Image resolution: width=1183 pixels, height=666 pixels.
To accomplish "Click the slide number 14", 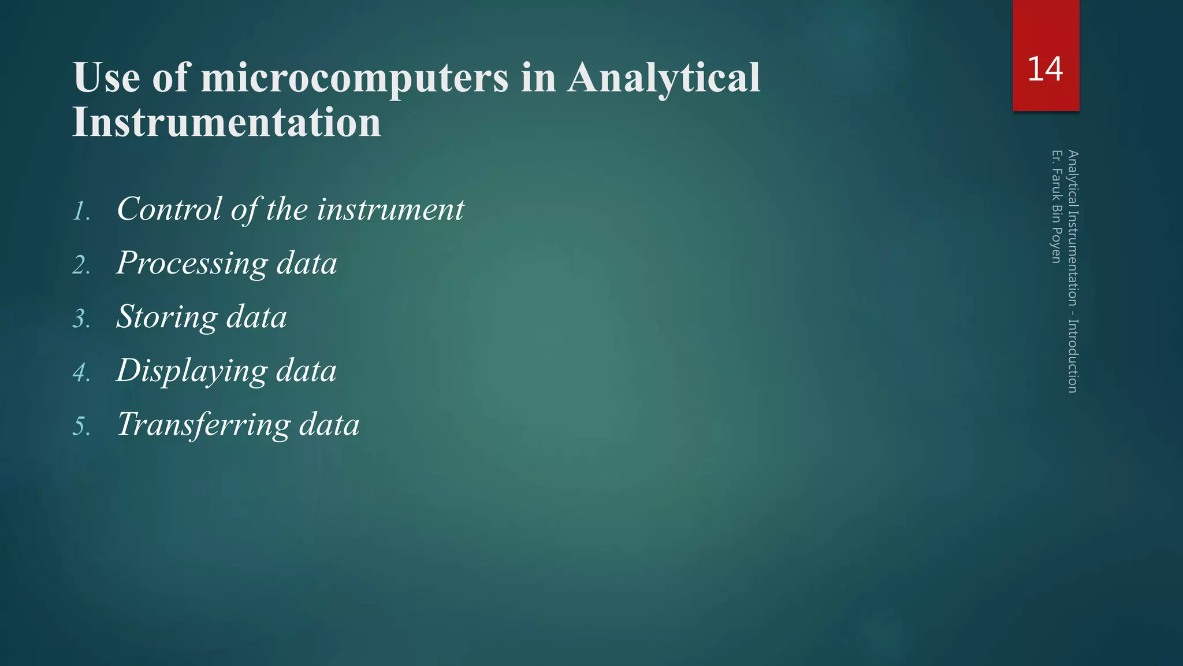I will click(x=1045, y=69).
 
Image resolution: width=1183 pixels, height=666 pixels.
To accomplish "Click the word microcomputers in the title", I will click(x=354, y=78).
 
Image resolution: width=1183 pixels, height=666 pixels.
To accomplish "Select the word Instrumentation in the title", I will click(x=226, y=123).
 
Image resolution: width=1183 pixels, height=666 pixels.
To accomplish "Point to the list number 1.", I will click(x=81, y=212).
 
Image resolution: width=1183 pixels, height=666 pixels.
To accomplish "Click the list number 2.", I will click(x=81, y=265).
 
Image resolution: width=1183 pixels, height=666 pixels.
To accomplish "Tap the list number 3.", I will click(x=81, y=319).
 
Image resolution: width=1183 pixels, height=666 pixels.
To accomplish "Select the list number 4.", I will click(x=81, y=373).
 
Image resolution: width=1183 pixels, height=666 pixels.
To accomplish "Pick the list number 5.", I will click(x=81, y=427).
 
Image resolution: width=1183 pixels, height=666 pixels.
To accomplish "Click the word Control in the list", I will click(x=169, y=209).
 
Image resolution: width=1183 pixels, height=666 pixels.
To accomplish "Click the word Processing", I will click(x=192, y=264).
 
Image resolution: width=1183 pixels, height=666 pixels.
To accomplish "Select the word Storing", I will click(x=166, y=317).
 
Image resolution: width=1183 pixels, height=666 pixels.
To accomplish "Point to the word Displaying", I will click(x=191, y=371).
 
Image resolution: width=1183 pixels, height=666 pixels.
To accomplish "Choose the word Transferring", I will click(x=203, y=424).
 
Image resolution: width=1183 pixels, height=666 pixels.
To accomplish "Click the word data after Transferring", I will click(x=329, y=424).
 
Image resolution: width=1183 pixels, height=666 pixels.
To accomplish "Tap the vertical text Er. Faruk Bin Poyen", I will click(x=1056, y=206).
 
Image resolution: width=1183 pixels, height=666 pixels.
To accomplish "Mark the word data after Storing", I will click(x=256, y=317).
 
